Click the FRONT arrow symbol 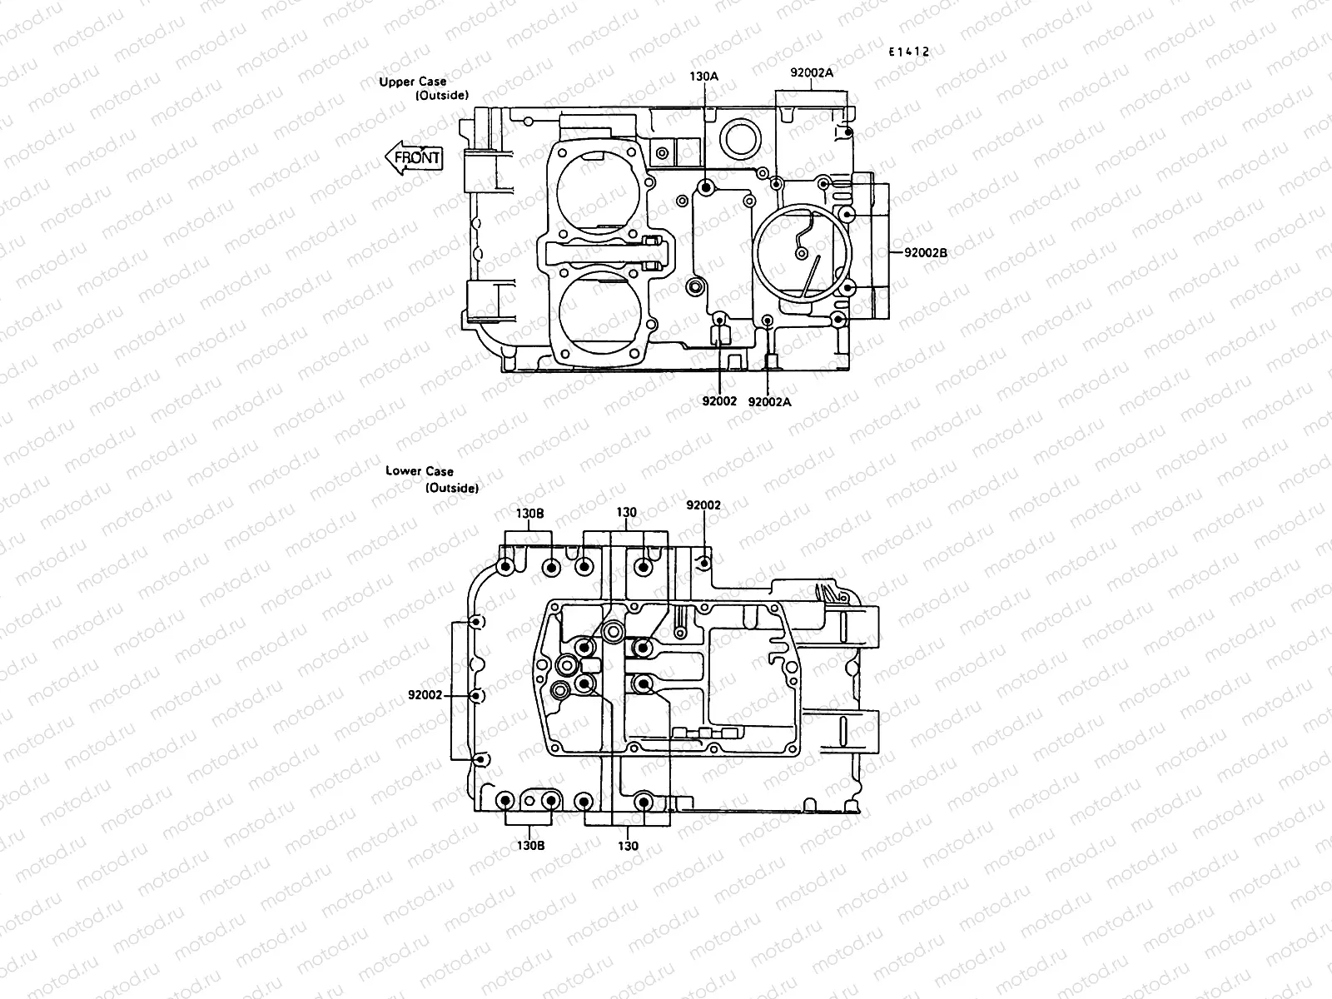coord(414,157)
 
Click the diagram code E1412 coord(907,52)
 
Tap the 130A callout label coord(703,76)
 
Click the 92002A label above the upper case coord(812,72)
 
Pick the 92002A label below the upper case coord(769,401)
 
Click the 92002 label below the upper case coord(719,400)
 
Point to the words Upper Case coord(413,82)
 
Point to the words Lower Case coord(420,471)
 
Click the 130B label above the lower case coord(529,513)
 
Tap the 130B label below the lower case coord(529,845)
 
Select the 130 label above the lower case coord(627,512)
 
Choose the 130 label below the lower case coord(628,846)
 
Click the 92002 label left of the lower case coord(425,694)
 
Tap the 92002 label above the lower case coord(703,505)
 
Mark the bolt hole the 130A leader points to coord(706,188)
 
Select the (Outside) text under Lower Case coord(452,488)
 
